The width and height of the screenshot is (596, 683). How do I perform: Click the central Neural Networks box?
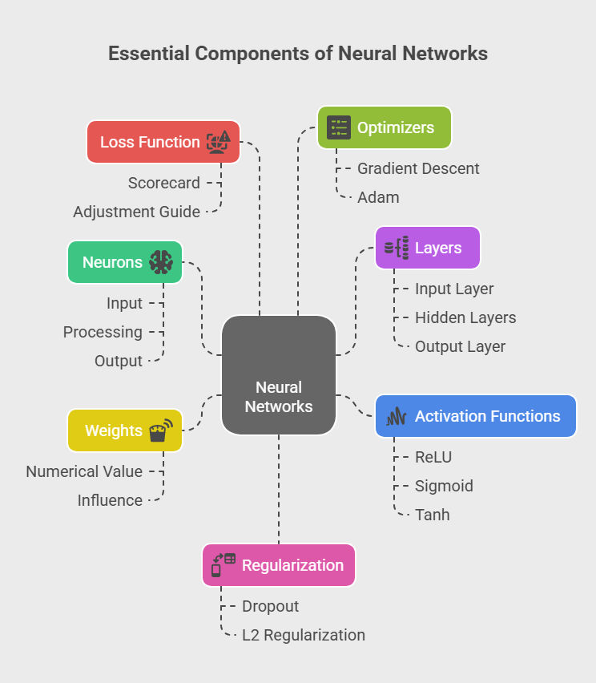(x=279, y=375)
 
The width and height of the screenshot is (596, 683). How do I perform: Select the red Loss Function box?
(x=163, y=142)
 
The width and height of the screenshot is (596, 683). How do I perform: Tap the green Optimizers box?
(x=385, y=127)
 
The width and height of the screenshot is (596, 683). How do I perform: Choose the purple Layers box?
(x=428, y=248)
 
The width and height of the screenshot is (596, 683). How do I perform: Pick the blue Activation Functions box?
(x=476, y=416)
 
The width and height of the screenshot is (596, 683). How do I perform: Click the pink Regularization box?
(x=278, y=565)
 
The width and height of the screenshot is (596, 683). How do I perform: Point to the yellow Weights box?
(x=124, y=430)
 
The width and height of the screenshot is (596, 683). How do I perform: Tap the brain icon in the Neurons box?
(x=161, y=262)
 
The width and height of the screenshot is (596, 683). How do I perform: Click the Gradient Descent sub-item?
(x=418, y=168)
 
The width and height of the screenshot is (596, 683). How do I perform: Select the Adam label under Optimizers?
(x=378, y=197)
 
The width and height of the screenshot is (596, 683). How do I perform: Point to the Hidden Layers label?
(x=465, y=317)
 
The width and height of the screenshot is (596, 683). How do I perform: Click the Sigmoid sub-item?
(x=444, y=486)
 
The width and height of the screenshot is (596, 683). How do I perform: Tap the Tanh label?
(x=433, y=515)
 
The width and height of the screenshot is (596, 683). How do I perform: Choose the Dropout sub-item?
(x=270, y=606)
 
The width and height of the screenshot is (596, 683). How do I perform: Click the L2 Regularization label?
(x=304, y=635)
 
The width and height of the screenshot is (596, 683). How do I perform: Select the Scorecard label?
(x=164, y=183)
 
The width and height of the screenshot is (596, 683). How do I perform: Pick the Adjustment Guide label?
(x=136, y=212)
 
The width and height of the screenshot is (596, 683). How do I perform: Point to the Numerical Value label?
(x=84, y=471)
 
